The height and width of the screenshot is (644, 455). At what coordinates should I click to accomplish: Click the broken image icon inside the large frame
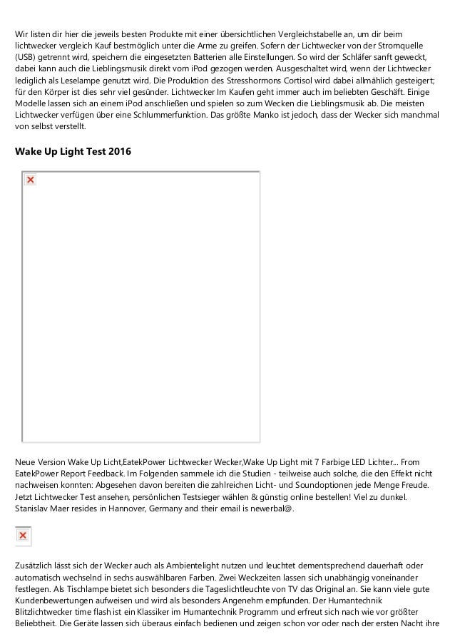30,180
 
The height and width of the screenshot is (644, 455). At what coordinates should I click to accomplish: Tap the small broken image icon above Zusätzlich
23,535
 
